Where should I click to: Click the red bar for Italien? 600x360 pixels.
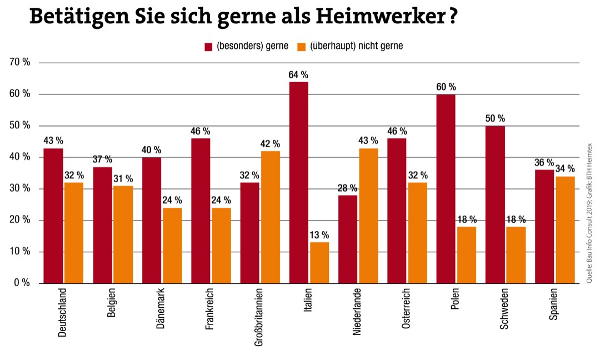(299, 183)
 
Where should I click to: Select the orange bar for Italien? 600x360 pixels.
(319, 263)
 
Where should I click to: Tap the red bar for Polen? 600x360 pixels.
(446, 189)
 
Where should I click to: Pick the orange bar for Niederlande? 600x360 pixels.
(368, 216)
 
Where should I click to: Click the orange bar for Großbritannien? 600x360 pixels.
(271, 217)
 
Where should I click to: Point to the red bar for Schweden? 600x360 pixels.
(494, 204)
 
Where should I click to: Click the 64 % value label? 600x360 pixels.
(298, 74)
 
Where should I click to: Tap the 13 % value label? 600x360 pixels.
(319, 235)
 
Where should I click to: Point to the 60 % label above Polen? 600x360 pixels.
(446, 87)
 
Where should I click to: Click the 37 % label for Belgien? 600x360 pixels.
(102, 160)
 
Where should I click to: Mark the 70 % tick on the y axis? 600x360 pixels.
(20, 62)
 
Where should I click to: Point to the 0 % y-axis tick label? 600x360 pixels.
(22, 283)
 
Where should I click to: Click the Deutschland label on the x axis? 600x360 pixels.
(62, 312)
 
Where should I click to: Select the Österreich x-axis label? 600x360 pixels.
(406, 309)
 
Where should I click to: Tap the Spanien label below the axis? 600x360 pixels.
(553, 306)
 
